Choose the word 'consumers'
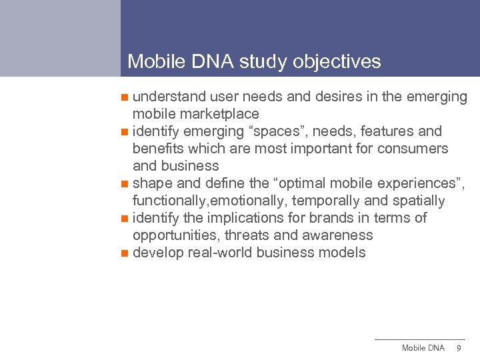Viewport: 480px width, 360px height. (413, 149)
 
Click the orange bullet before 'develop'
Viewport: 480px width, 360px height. (125, 253)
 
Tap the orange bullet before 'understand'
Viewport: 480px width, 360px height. (125, 97)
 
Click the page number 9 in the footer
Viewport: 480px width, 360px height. (458, 348)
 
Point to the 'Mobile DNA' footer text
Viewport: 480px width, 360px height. (423, 348)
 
